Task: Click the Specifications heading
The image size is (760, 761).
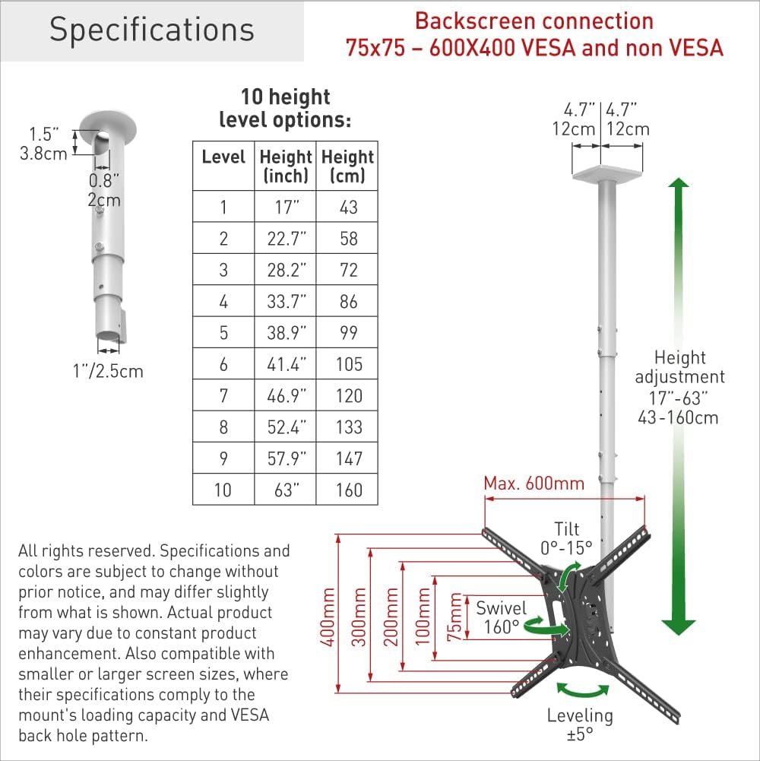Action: (151, 30)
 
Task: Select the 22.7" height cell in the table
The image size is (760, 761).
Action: (285, 239)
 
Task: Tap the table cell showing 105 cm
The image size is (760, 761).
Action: (349, 364)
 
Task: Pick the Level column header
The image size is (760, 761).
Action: (223, 157)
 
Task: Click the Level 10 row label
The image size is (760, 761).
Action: (223, 490)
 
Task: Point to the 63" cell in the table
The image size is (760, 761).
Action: (285, 490)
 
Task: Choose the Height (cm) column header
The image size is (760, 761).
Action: (347, 166)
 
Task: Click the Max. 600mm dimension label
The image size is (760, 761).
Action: (534, 484)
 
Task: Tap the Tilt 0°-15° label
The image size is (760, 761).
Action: (565, 537)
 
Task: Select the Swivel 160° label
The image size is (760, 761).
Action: (502, 617)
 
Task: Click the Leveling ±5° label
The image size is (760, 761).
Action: (580, 725)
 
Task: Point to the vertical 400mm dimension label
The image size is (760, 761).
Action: (328, 617)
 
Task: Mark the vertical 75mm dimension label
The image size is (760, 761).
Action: (456, 617)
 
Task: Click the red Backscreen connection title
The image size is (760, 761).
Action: (534, 34)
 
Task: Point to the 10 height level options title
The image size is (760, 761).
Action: (285, 108)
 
